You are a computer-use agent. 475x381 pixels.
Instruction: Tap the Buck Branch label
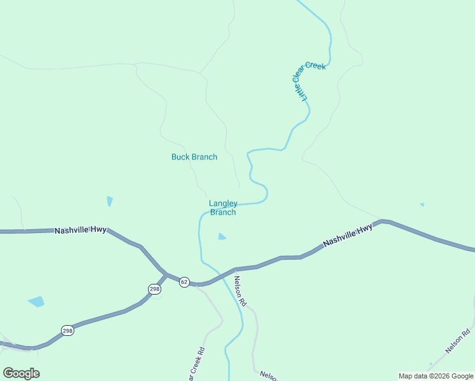194,157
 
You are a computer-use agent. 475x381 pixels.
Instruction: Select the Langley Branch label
223,208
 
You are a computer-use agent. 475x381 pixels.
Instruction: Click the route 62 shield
184,282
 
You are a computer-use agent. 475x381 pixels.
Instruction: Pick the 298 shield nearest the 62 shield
155,289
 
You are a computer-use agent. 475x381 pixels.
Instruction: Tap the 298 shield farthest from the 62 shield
68,330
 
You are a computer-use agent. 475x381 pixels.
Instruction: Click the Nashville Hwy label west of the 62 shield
80,231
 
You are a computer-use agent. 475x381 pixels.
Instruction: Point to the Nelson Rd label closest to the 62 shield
239,291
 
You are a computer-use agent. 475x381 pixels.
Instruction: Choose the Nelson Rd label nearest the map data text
458,341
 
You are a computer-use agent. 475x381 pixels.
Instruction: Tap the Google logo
21,373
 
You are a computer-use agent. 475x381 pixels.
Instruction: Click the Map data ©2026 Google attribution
436,376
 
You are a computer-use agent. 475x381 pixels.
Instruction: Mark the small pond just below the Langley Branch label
222,237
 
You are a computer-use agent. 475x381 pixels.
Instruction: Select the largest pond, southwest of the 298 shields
36,302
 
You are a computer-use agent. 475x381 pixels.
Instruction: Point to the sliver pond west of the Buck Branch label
110,201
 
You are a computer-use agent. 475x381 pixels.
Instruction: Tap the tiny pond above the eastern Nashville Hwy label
422,204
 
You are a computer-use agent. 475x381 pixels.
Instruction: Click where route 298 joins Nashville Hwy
166,274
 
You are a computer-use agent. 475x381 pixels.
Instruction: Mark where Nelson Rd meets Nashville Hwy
234,269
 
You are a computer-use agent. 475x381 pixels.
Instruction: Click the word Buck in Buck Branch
181,157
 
